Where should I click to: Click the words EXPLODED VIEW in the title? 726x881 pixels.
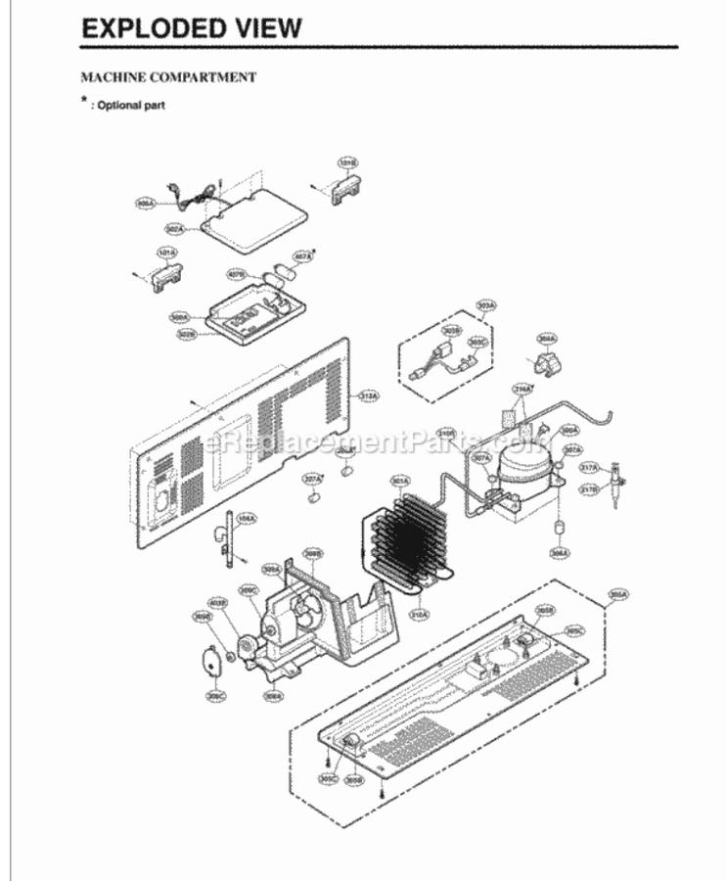[192, 27]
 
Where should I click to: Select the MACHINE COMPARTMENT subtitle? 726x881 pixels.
[167, 76]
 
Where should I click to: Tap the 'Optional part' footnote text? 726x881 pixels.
[127, 104]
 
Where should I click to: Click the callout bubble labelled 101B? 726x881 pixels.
[346, 162]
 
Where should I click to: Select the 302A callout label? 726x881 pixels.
[175, 229]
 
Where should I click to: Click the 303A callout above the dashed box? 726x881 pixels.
[486, 306]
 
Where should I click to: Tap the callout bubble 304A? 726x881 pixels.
[547, 339]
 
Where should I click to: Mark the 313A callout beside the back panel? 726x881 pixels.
[369, 395]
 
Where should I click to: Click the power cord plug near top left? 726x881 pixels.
[171, 194]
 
